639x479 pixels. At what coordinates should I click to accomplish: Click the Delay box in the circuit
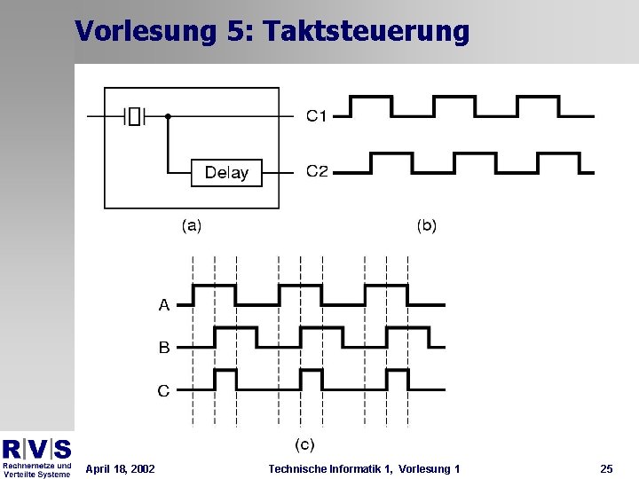(226, 173)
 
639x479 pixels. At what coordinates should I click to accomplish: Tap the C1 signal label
(317, 115)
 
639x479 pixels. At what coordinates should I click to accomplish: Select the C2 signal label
(317, 171)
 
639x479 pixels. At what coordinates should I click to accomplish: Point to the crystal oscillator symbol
(134, 115)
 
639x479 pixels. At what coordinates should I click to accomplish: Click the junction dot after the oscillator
(168, 115)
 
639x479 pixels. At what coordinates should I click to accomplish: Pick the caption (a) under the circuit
(192, 225)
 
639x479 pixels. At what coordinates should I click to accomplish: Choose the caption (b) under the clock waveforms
(427, 225)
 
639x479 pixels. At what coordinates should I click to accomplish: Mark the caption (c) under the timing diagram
(304, 444)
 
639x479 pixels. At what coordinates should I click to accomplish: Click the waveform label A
(164, 305)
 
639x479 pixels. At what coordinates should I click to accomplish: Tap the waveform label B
(164, 348)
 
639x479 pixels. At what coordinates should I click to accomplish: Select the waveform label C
(164, 390)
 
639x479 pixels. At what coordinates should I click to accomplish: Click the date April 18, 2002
(120, 468)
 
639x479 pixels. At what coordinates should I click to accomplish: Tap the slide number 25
(606, 468)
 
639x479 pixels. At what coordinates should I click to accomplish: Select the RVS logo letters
(36, 448)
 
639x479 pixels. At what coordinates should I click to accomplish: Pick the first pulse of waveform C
(225, 379)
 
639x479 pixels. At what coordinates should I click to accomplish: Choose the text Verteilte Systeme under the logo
(36, 474)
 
